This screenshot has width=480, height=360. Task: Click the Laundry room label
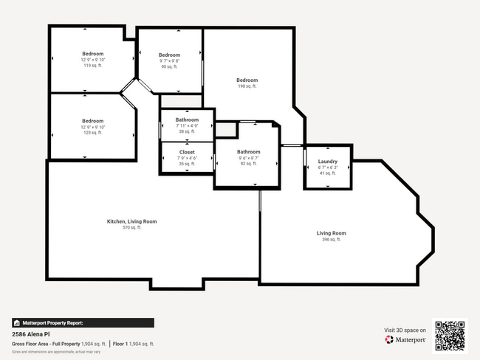click(x=328, y=162)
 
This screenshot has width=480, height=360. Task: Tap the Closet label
click(x=187, y=152)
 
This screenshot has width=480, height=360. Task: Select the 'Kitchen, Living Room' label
click(x=132, y=221)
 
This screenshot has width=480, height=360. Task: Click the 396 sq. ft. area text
click(x=332, y=239)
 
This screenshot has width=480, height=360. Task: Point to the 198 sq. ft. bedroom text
click(x=247, y=86)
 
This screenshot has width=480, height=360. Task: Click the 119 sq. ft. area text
click(x=92, y=66)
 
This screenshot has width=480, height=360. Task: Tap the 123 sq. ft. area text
click(x=92, y=133)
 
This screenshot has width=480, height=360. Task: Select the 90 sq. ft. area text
click(x=169, y=67)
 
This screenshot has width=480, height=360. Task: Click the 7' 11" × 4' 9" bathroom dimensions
click(x=187, y=125)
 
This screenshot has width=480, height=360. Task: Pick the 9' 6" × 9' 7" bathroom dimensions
click(x=248, y=158)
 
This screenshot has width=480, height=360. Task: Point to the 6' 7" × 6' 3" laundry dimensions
click(x=328, y=167)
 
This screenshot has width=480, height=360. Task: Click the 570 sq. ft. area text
click(x=132, y=227)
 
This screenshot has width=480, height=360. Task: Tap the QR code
click(x=450, y=336)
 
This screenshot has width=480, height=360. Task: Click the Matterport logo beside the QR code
click(x=405, y=339)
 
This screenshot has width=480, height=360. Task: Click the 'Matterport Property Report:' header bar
click(x=83, y=323)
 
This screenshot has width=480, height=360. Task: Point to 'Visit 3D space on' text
click(x=405, y=330)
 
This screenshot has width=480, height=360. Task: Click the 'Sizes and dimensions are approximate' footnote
click(x=56, y=352)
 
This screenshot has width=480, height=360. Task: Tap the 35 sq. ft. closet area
click(x=187, y=164)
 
